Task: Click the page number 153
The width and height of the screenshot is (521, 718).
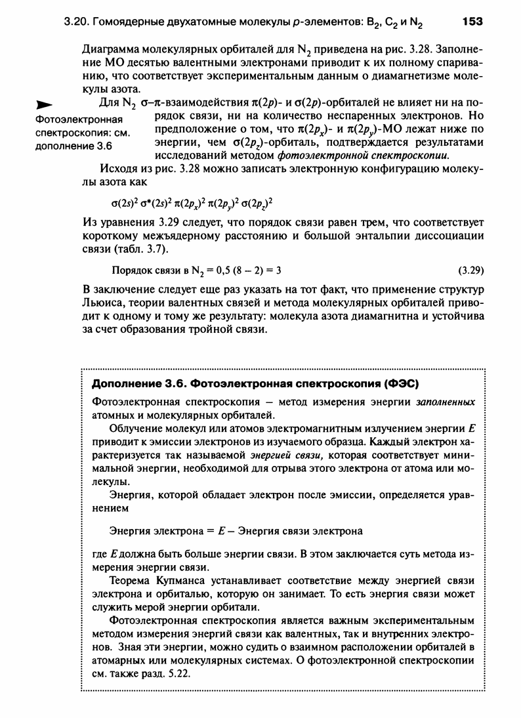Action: pos(472,22)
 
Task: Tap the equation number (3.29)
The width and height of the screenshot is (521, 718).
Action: pos(470,269)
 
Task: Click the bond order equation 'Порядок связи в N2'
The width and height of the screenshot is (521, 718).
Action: pos(197,269)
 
